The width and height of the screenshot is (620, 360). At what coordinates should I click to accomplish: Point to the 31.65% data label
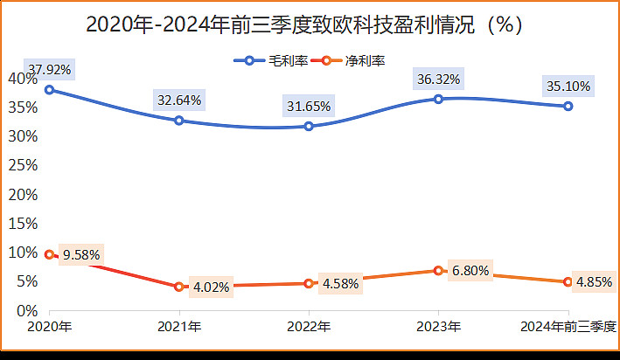pos(309,107)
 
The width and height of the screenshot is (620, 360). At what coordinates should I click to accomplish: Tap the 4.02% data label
pos(213,285)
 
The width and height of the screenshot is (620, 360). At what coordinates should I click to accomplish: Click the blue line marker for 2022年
pos(309,127)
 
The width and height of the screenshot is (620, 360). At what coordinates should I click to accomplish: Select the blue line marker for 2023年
pos(438,99)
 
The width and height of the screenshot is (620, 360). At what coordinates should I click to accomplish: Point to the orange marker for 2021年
pos(179,287)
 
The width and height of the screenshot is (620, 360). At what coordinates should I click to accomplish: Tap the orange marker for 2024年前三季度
pos(568,282)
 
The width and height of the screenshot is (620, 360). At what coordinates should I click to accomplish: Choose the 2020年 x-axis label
pos(49,327)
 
